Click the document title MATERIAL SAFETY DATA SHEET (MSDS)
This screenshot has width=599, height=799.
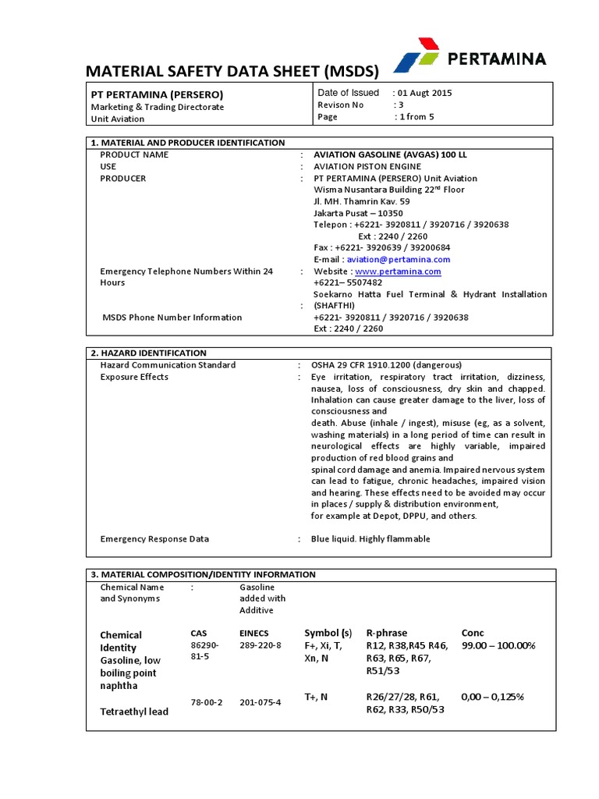(232, 72)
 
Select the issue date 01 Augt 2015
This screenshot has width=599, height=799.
(422, 93)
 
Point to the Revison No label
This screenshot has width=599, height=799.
(341, 105)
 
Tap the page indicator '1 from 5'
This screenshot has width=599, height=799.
(416, 117)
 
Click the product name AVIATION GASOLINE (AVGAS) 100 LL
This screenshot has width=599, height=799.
(390, 154)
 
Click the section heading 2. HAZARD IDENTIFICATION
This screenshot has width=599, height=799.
(149, 353)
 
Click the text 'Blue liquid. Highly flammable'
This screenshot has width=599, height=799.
(370, 539)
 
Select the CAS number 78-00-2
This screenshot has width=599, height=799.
(207, 702)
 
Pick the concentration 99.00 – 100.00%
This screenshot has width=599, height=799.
(498, 646)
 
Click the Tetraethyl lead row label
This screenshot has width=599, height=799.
(134, 712)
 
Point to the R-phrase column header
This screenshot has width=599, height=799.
(387, 632)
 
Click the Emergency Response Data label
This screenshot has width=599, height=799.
(154, 539)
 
